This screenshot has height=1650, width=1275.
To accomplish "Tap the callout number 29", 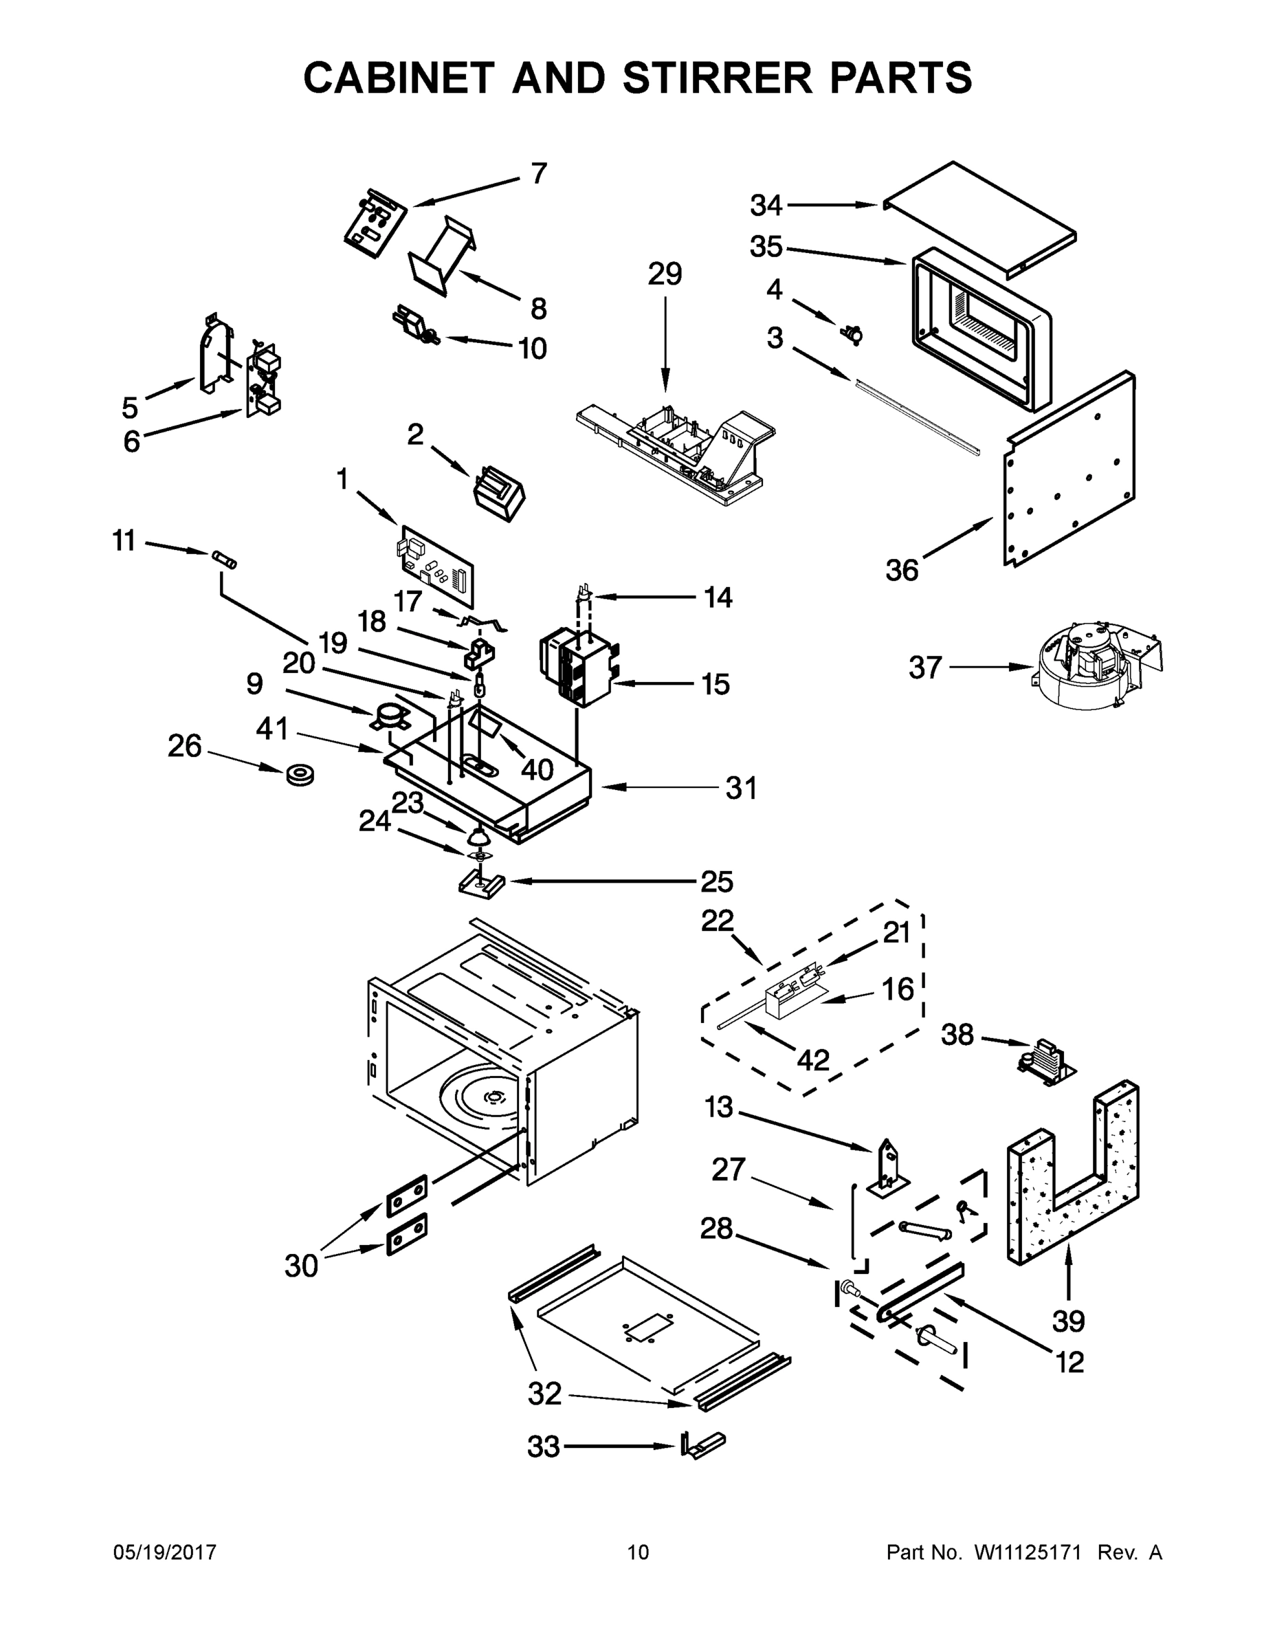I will (x=665, y=274).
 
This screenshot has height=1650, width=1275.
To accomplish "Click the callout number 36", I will (x=902, y=571).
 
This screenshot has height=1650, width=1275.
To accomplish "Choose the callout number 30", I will (x=300, y=1266).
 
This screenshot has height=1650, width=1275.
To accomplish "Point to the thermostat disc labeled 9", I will (x=389, y=717).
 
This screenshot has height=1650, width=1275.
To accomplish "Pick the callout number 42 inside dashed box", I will (x=812, y=1060).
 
